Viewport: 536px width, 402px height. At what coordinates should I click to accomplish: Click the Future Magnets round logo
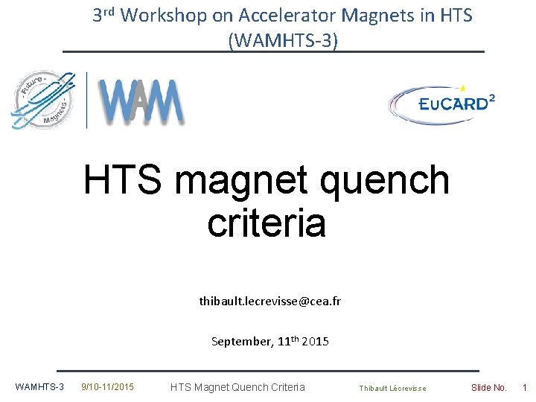coord(43,100)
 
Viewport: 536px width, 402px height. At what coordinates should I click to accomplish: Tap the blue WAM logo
coord(142,101)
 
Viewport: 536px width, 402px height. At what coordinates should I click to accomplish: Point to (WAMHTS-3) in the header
coord(283,40)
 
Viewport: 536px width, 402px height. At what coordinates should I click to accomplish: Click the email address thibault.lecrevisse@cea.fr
coord(269,301)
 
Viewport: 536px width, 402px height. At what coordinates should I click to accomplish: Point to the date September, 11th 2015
coord(269,342)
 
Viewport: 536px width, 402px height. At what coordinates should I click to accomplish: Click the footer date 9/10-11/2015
coord(107,387)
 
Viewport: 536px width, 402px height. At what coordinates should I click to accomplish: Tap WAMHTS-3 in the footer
coord(39,387)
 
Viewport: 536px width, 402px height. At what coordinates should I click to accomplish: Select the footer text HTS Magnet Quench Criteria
coord(237,387)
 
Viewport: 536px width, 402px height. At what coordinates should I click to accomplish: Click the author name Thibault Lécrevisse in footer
coord(392,388)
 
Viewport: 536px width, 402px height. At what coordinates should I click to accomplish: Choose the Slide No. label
coord(488,387)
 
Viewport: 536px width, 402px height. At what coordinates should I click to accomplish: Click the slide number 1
coord(524,387)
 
